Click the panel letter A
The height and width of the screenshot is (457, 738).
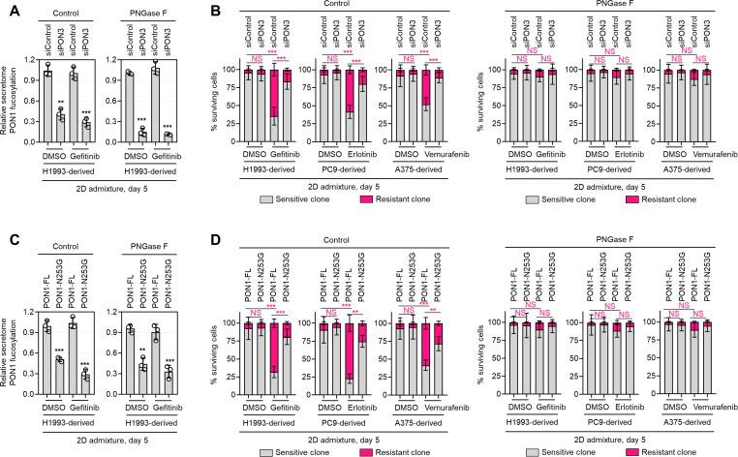coord(7,9)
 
